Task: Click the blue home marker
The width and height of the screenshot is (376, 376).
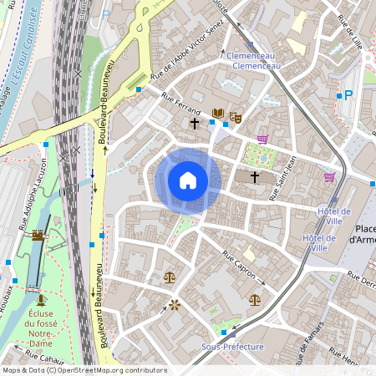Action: point(188,180)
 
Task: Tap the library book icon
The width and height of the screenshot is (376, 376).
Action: point(218,114)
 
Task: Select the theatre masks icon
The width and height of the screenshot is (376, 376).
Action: point(236,119)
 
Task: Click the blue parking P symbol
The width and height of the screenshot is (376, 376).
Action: point(349,95)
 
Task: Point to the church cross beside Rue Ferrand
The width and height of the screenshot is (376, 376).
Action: point(195,124)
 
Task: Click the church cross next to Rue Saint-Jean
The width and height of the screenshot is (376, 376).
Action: point(255,177)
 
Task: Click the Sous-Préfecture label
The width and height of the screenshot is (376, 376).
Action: point(233,346)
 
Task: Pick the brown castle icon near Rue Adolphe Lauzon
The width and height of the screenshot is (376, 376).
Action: point(37,236)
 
